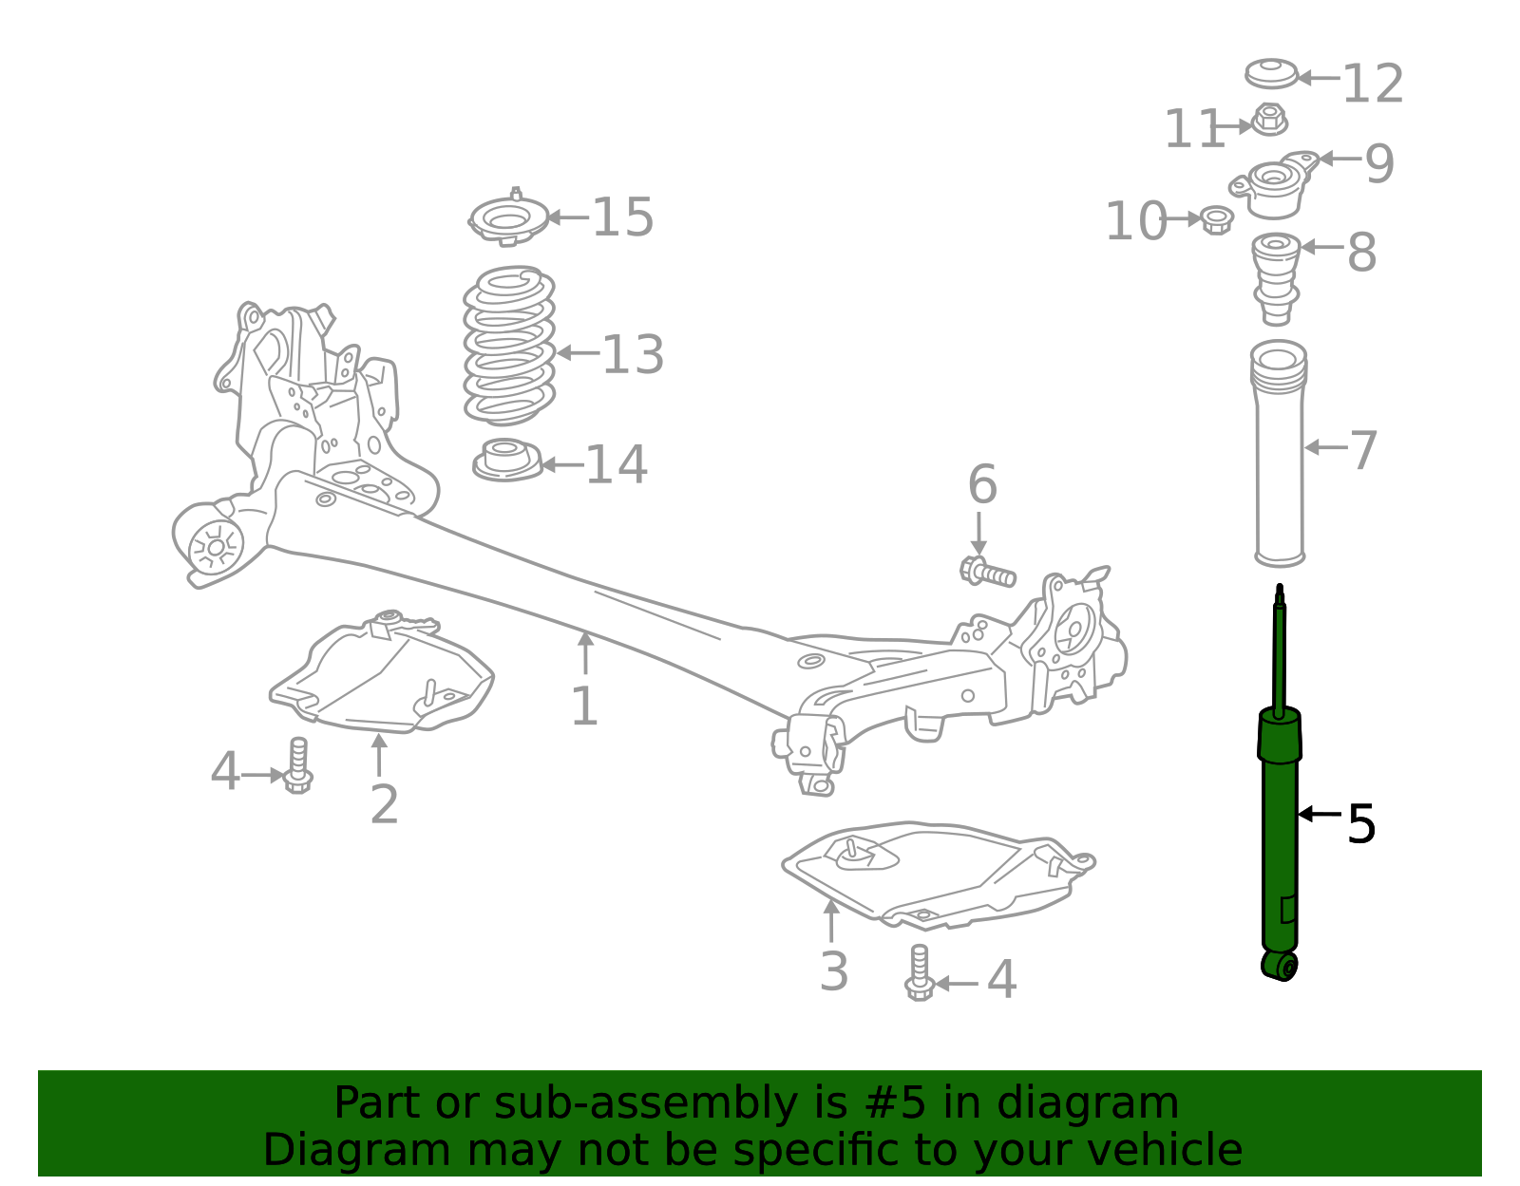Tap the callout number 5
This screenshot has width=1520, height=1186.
(1361, 823)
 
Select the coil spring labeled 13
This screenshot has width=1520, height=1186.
(509, 346)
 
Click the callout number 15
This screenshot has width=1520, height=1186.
(623, 217)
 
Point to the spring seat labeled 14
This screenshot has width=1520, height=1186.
(507, 461)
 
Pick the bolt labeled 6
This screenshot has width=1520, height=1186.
(987, 572)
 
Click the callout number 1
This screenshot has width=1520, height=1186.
(584, 707)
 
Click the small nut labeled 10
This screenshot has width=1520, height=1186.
(1217, 219)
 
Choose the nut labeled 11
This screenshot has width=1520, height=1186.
(1269, 121)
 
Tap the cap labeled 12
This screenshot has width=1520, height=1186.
(1271, 73)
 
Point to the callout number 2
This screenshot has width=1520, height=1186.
(384, 804)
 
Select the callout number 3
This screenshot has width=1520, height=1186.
(833, 971)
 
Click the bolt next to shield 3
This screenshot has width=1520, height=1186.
(919, 972)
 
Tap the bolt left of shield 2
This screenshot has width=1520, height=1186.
(298, 767)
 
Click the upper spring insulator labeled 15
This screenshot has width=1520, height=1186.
(509, 219)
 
